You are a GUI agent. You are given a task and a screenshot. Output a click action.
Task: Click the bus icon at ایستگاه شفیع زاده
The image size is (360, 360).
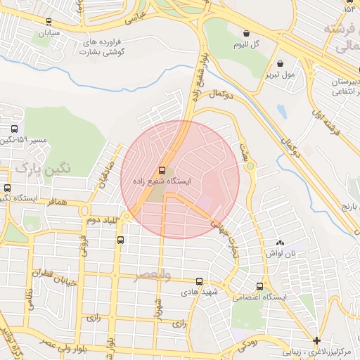coord(163,170)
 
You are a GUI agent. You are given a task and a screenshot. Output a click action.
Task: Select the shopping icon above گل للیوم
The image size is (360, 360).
coord(246,33)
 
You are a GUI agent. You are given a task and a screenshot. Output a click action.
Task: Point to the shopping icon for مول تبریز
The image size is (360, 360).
coord(281,63)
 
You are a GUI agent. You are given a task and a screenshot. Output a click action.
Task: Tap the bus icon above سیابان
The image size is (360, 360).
coord(48,22)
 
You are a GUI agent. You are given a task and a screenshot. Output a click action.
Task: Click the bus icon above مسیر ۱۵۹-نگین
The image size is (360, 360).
coord(14,129)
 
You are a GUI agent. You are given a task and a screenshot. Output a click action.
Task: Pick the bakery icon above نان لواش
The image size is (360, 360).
coord(280,242)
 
